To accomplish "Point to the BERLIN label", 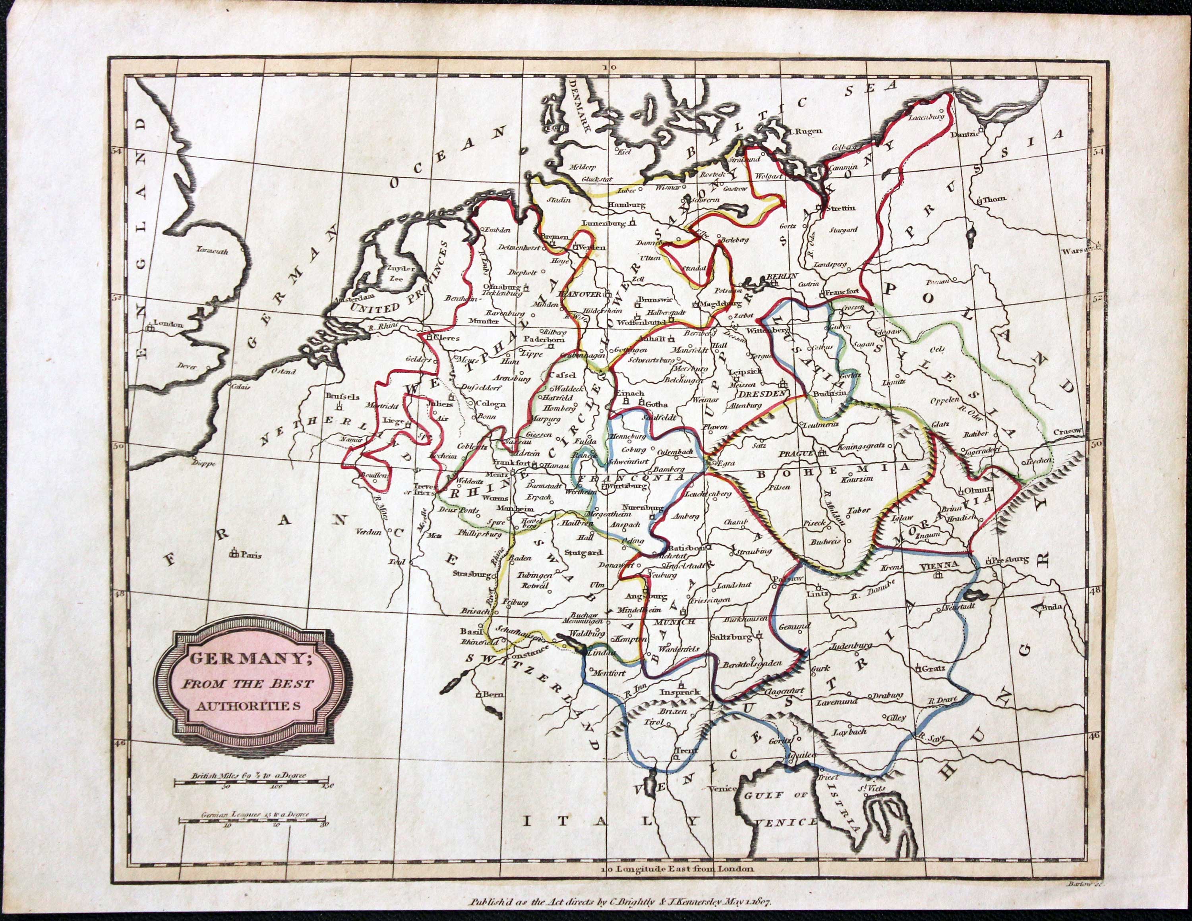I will [x=783, y=277].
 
